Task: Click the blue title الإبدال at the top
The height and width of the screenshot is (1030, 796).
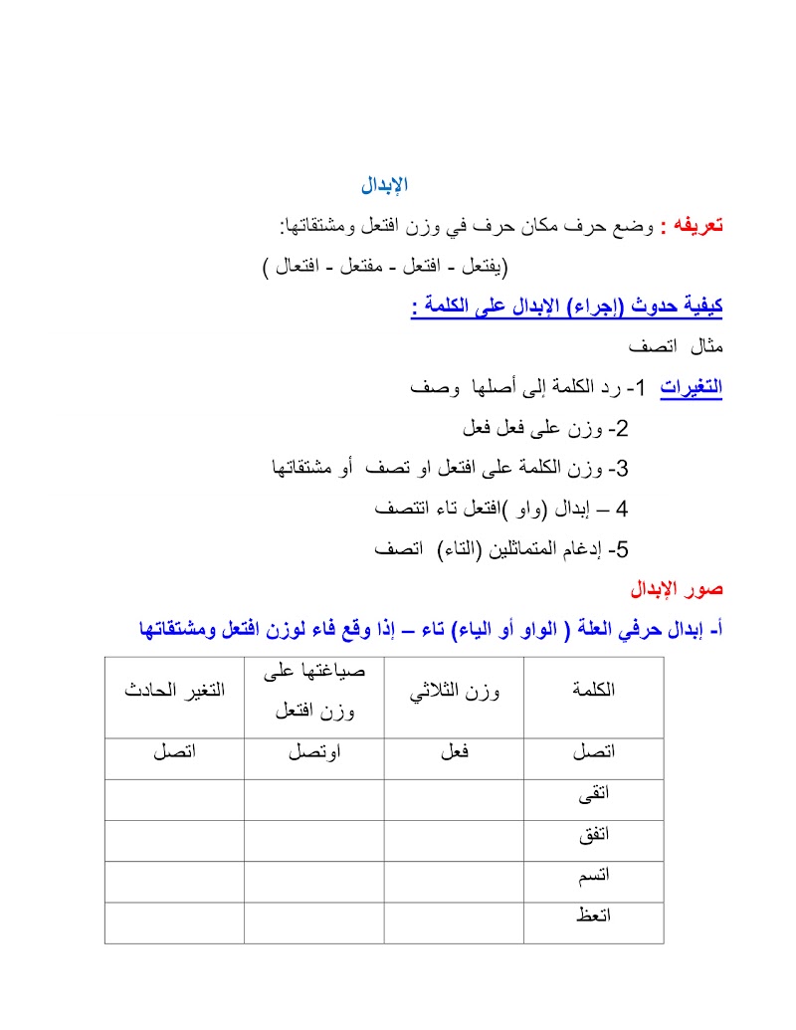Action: pyautogui.click(x=384, y=185)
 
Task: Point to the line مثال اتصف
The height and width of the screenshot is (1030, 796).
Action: pyautogui.click(x=678, y=347)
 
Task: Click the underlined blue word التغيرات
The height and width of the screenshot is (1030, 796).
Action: pyautogui.click(x=692, y=387)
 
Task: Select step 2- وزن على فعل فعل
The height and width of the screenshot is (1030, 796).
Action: pyautogui.click(x=546, y=428)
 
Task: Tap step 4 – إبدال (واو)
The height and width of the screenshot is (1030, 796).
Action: pyautogui.click(x=502, y=509)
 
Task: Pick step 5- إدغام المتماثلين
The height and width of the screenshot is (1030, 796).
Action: pyautogui.click(x=501, y=549)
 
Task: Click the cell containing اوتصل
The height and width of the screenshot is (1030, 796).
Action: pyautogui.click(x=314, y=753)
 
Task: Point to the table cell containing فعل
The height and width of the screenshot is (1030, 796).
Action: pyautogui.click(x=454, y=752)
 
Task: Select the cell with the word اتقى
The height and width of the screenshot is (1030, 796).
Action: pyautogui.click(x=594, y=794)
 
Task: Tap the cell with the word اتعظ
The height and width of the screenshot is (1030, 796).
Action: pyautogui.click(x=594, y=917)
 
